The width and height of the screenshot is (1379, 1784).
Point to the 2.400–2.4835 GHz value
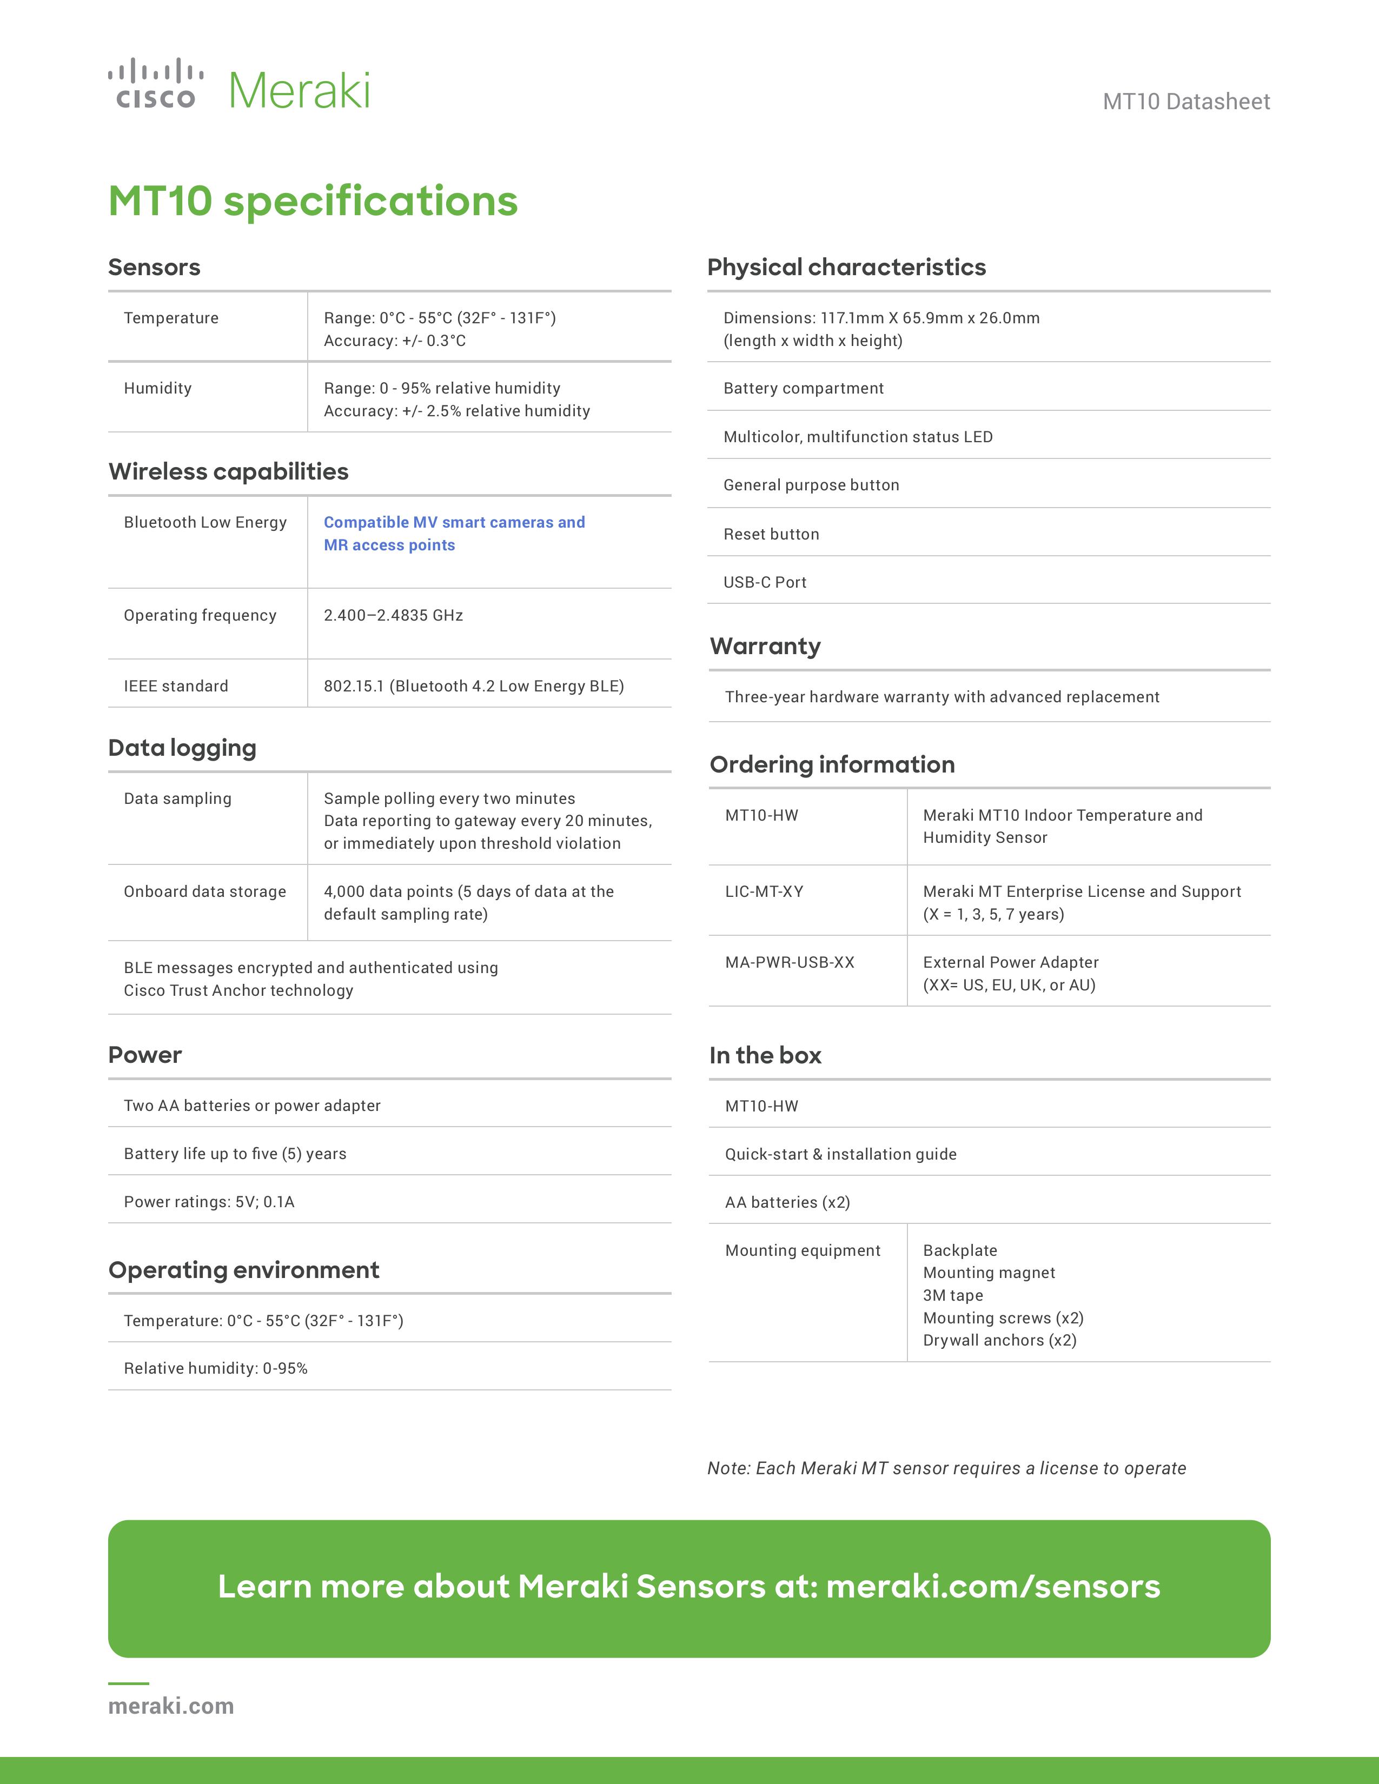[393, 615]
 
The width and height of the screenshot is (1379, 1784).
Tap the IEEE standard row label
[176, 686]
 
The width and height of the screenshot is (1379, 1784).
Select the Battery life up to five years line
[235, 1154]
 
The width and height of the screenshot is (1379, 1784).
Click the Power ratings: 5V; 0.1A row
[209, 1202]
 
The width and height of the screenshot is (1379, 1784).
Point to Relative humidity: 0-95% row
[216, 1368]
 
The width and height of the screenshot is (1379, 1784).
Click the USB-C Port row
[765, 582]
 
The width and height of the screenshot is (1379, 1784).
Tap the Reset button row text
[771, 534]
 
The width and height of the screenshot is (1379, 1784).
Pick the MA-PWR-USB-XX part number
[789, 962]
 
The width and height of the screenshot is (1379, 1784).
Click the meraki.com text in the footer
[171, 1706]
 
